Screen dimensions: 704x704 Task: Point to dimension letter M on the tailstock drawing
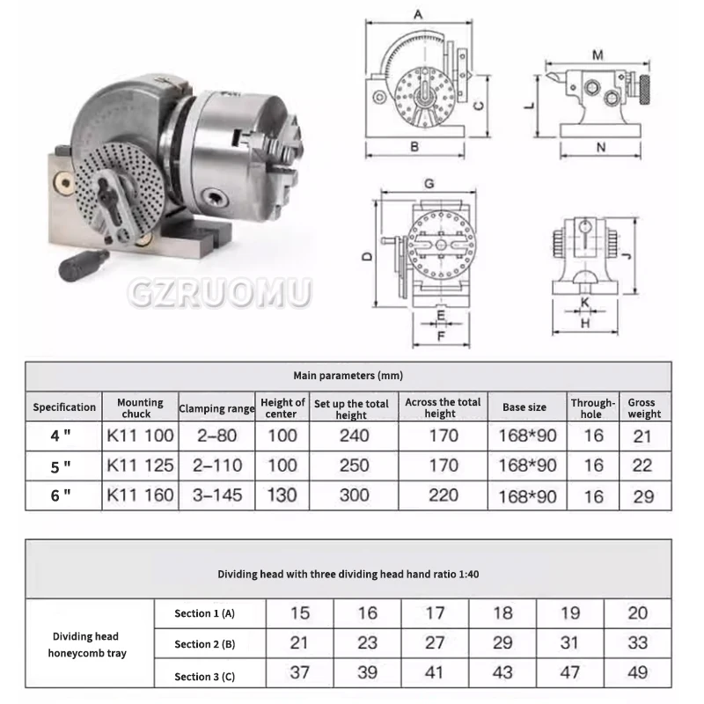coord(598,55)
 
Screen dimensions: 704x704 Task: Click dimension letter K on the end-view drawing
coord(584,302)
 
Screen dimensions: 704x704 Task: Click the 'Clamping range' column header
coord(216,408)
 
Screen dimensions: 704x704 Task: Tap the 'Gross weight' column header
coord(644,407)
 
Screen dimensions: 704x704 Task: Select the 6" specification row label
coord(61,495)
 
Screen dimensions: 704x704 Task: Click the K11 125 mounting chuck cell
coord(140,465)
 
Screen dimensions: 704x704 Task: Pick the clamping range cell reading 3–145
coord(216,495)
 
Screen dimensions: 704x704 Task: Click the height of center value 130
coord(282,495)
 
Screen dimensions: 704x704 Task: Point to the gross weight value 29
coord(644,496)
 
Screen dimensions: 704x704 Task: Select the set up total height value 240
coord(354,435)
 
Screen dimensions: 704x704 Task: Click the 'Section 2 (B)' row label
coord(204,644)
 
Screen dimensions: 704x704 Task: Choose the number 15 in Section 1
coord(300,612)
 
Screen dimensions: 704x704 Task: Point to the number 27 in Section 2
coord(435,642)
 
